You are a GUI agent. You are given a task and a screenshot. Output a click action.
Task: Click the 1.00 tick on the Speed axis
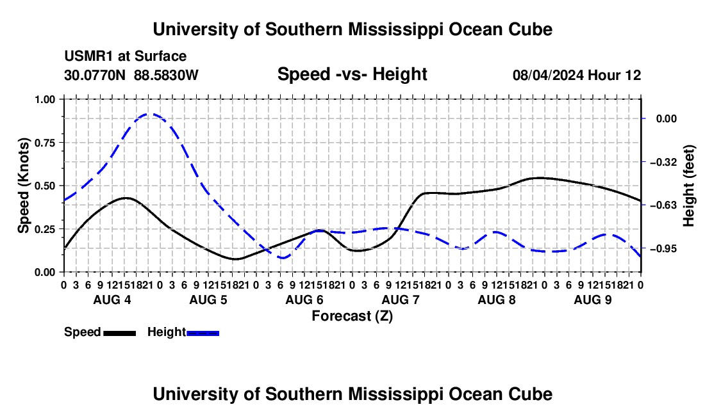tap(45, 99)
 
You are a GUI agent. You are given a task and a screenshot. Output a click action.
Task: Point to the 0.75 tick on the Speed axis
tap(45, 143)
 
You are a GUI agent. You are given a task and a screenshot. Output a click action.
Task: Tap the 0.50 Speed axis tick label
tap(45, 186)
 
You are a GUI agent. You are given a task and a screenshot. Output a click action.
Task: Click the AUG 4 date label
tap(112, 300)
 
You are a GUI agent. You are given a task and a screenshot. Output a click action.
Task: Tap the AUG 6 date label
tap(304, 300)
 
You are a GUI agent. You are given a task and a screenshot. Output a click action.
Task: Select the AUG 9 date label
tap(593, 300)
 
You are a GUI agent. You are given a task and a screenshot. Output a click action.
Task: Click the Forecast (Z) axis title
tap(352, 316)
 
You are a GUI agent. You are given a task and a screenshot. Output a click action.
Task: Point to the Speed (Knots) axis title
tap(23, 186)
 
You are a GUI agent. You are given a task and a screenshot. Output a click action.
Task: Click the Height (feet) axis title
tap(689, 186)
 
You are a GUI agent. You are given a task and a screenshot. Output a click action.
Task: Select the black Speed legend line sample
tap(120, 333)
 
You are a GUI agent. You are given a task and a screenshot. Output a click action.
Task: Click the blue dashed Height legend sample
tap(203, 333)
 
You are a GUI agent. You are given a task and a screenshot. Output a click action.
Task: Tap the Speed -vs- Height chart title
tap(352, 74)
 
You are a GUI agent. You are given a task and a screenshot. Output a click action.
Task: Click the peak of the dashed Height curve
tap(149, 114)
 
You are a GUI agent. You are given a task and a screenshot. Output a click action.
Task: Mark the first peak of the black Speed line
tap(126, 198)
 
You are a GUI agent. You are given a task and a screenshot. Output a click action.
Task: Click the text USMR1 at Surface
tap(126, 56)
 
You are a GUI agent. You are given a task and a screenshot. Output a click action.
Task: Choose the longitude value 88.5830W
tap(166, 75)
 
